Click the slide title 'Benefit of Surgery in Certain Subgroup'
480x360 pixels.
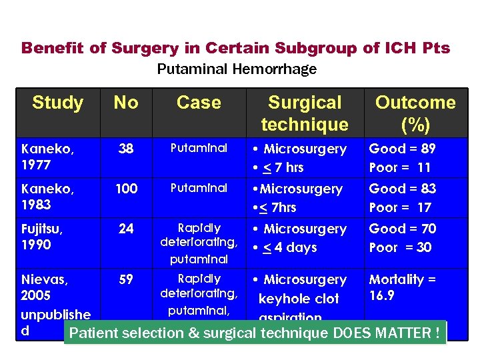(x=235, y=48)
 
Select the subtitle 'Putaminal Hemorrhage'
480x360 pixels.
(x=237, y=69)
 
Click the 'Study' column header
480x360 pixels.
(x=58, y=103)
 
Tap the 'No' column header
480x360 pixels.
(x=125, y=103)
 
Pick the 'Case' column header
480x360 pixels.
(x=199, y=103)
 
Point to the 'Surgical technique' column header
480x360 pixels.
(x=305, y=113)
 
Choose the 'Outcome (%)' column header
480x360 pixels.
(x=415, y=113)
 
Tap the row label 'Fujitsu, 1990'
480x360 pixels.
(x=43, y=237)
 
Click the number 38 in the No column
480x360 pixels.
(x=125, y=149)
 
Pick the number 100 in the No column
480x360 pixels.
(x=126, y=189)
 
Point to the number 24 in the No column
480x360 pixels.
(x=125, y=229)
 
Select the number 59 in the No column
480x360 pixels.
(x=125, y=279)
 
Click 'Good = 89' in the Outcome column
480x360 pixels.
(x=402, y=149)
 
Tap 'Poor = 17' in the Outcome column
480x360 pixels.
(x=400, y=207)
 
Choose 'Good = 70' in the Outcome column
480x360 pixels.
(x=402, y=229)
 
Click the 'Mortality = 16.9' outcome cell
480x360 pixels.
(x=402, y=287)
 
